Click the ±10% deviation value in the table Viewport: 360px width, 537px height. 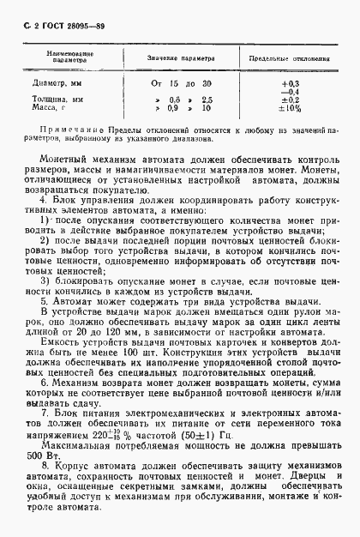pos(290,109)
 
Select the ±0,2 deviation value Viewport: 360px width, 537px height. pos(290,100)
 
